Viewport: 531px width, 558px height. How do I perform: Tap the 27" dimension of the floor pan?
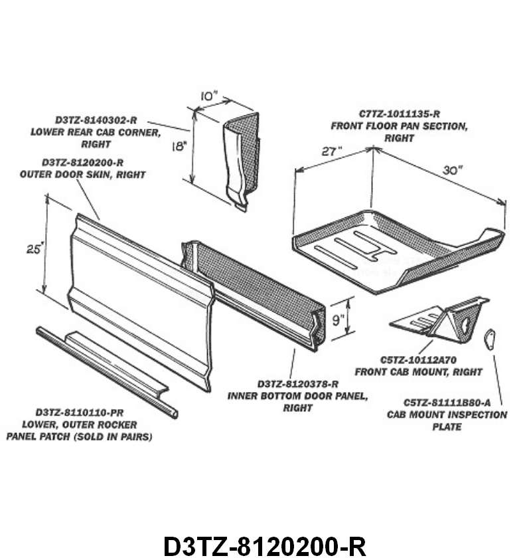(x=332, y=151)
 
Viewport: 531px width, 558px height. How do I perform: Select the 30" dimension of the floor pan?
(x=452, y=169)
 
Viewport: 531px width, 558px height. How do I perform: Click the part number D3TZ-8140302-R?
(x=96, y=120)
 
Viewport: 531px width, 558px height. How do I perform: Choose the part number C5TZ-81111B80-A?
(x=447, y=403)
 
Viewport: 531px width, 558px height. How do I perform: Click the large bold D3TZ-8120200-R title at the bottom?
(x=265, y=545)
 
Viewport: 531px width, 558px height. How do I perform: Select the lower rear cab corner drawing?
(x=239, y=159)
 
